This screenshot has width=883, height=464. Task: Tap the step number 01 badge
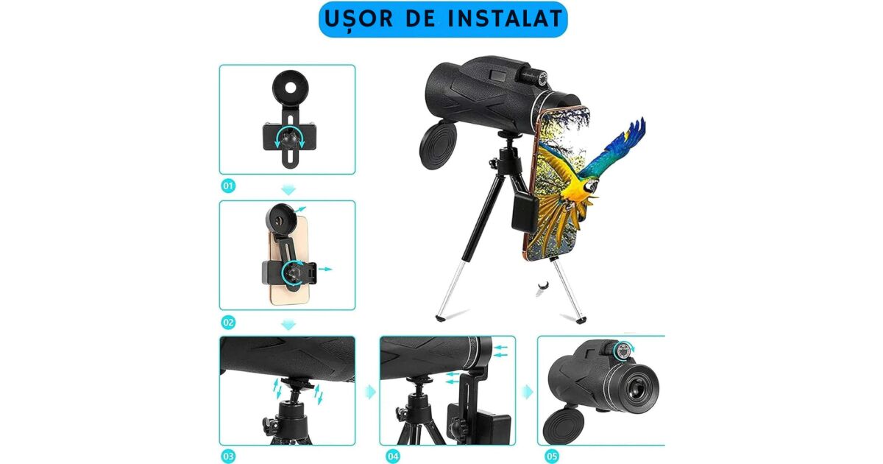coord(228,186)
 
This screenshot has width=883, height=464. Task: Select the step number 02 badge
coord(228,323)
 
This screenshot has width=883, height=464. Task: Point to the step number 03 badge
coord(228,457)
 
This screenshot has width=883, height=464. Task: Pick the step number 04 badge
coord(393,457)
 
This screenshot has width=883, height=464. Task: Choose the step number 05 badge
coord(551,457)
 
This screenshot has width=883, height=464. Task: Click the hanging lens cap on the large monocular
coord(438,145)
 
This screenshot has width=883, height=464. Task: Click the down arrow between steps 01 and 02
coord(288,190)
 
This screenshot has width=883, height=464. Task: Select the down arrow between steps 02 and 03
coord(288,325)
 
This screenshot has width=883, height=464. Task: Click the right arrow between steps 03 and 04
coord(371,392)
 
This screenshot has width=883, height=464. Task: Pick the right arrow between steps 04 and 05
coord(528,392)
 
